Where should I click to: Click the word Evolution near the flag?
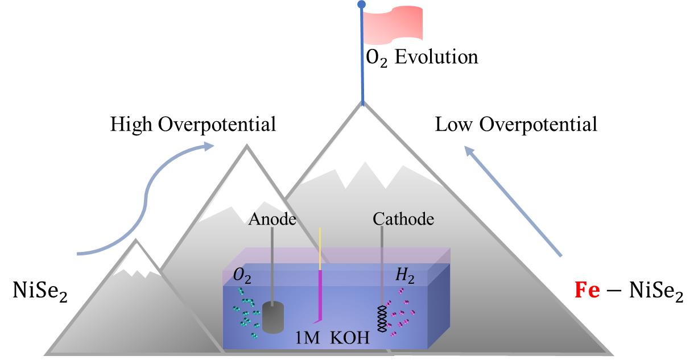[x=437, y=57]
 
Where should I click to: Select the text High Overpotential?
[x=193, y=125]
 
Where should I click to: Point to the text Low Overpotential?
[x=516, y=125]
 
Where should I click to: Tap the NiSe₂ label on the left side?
[x=40, y=291]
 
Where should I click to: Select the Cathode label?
[x=403, y=219]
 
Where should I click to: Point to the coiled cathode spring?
[x=382, y=320]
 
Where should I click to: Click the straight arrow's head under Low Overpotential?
[x=469, y=151]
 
